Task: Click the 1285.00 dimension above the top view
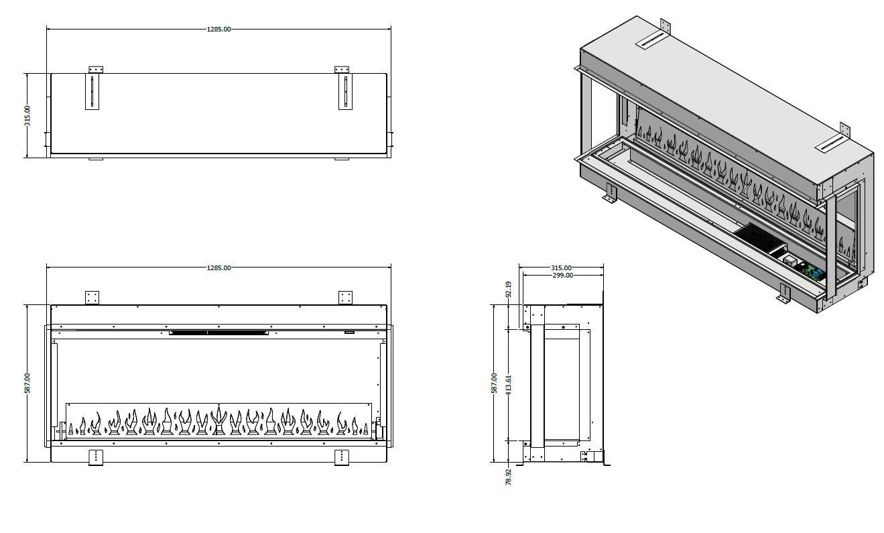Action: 218,29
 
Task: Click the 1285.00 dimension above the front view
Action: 218,268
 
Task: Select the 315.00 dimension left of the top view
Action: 27,116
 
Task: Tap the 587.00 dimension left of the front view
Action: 27,383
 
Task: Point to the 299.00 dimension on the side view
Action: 562,275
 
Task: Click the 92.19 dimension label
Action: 508,290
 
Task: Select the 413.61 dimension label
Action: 508,386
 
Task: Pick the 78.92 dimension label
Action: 508,477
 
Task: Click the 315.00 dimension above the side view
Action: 561,268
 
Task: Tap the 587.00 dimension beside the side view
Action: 494,383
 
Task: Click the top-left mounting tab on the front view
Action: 92,298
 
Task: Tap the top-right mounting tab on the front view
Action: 345,298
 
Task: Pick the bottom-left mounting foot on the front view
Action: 96,458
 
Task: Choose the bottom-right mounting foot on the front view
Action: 342,458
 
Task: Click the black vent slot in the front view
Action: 218,333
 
